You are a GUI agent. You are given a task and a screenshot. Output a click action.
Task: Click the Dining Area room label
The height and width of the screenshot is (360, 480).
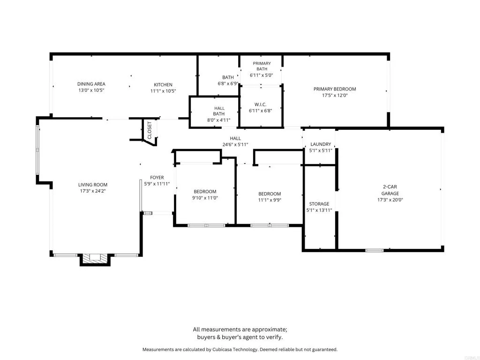[91, 84]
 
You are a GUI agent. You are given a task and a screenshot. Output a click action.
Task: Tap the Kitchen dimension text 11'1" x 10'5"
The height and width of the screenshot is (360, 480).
[163, 91]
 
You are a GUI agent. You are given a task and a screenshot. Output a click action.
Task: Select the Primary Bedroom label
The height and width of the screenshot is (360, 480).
[335, 89]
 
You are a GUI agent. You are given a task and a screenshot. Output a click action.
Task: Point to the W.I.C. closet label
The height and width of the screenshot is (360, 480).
[260, 105]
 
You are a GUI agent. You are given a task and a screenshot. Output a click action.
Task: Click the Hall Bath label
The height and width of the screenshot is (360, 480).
[219, 111]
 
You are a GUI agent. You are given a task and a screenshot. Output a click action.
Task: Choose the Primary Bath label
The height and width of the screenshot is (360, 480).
[262, 66]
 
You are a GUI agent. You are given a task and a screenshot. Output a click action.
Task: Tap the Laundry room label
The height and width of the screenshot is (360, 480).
[321, 144]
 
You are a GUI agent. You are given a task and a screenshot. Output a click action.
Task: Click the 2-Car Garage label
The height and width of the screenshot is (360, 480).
[390, 190]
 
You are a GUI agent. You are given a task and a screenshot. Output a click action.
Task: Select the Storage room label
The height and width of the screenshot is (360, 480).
[319, 204]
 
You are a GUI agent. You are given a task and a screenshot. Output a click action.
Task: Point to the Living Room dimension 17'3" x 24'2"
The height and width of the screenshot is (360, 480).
[93, 191]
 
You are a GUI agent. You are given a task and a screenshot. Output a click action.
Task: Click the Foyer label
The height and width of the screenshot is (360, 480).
[157, 178]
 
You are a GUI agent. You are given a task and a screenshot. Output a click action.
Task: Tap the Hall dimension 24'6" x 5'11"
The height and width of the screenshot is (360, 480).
[235, 145]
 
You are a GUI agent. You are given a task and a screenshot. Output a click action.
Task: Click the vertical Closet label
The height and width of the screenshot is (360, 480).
[150, 130]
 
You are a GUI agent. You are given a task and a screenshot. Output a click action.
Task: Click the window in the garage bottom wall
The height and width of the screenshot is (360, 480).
[375, 250]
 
